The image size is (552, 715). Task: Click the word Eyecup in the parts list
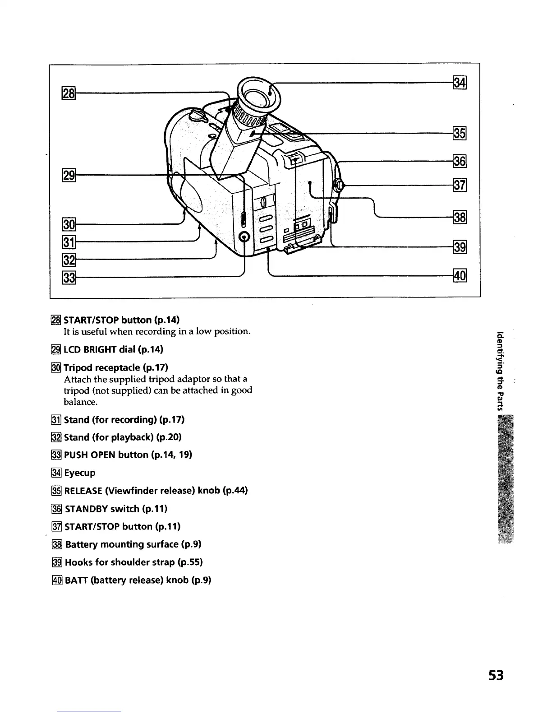click(80, 473)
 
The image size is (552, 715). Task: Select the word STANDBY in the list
click(87, 509)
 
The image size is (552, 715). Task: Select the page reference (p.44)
click(235, 490)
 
